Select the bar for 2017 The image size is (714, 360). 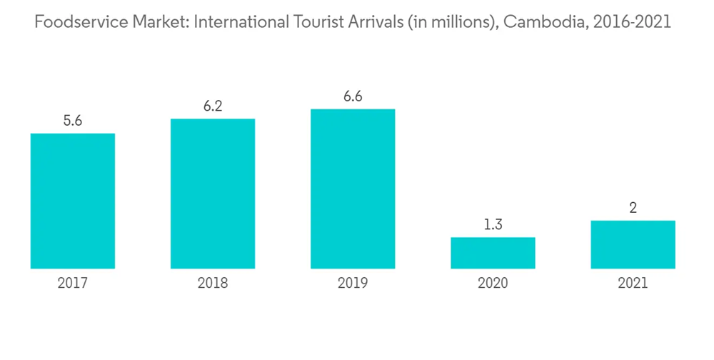pyautogui.click(x=73, y=201)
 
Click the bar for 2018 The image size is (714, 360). pyautogui.click(x=213, y=194)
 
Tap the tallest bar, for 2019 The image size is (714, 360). pyautogui.click(x=353, y=189)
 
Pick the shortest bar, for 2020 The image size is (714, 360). pyautogui.click(x=493, y=253)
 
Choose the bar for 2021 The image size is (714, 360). pyautogui.click(x=633, y=244)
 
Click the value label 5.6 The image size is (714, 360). pyautogui.click(x=73, y=121)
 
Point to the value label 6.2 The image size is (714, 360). pyautogui.click(x=213, y=106)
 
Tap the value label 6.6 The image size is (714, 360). pyautogui.click(x=353, y=96)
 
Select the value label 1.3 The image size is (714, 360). pyautogui.click(x=493, y=224)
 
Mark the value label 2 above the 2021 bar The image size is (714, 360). pyautogui.click(x=633, y=208)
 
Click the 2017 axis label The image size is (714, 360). pyautogui.click(x=73, y=284)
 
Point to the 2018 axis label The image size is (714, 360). pyautogui.click(x=213, y=284)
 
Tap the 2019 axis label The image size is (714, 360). pyautogui.click(x=353, y=284)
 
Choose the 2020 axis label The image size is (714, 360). pyautogui.click(x=493, y=284)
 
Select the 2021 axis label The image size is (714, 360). pyautogui.click(x=633, y=284)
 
